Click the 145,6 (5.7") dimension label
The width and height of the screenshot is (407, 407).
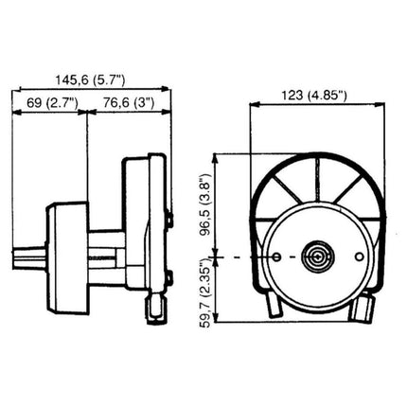[x=90, y=80]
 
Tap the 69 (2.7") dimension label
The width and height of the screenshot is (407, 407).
[x=52, y=102]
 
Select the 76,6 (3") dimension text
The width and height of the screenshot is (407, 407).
[x=129, y=102]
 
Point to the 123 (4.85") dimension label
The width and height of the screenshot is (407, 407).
[x=314, y=95]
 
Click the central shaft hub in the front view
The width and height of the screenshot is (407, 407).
[x=318, y=257]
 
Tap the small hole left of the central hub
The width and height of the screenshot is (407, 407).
[x=276, y=257]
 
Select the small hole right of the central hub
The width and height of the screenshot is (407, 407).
[x=360, y=257]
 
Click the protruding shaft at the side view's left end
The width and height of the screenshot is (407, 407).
[x=29, y=258]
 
